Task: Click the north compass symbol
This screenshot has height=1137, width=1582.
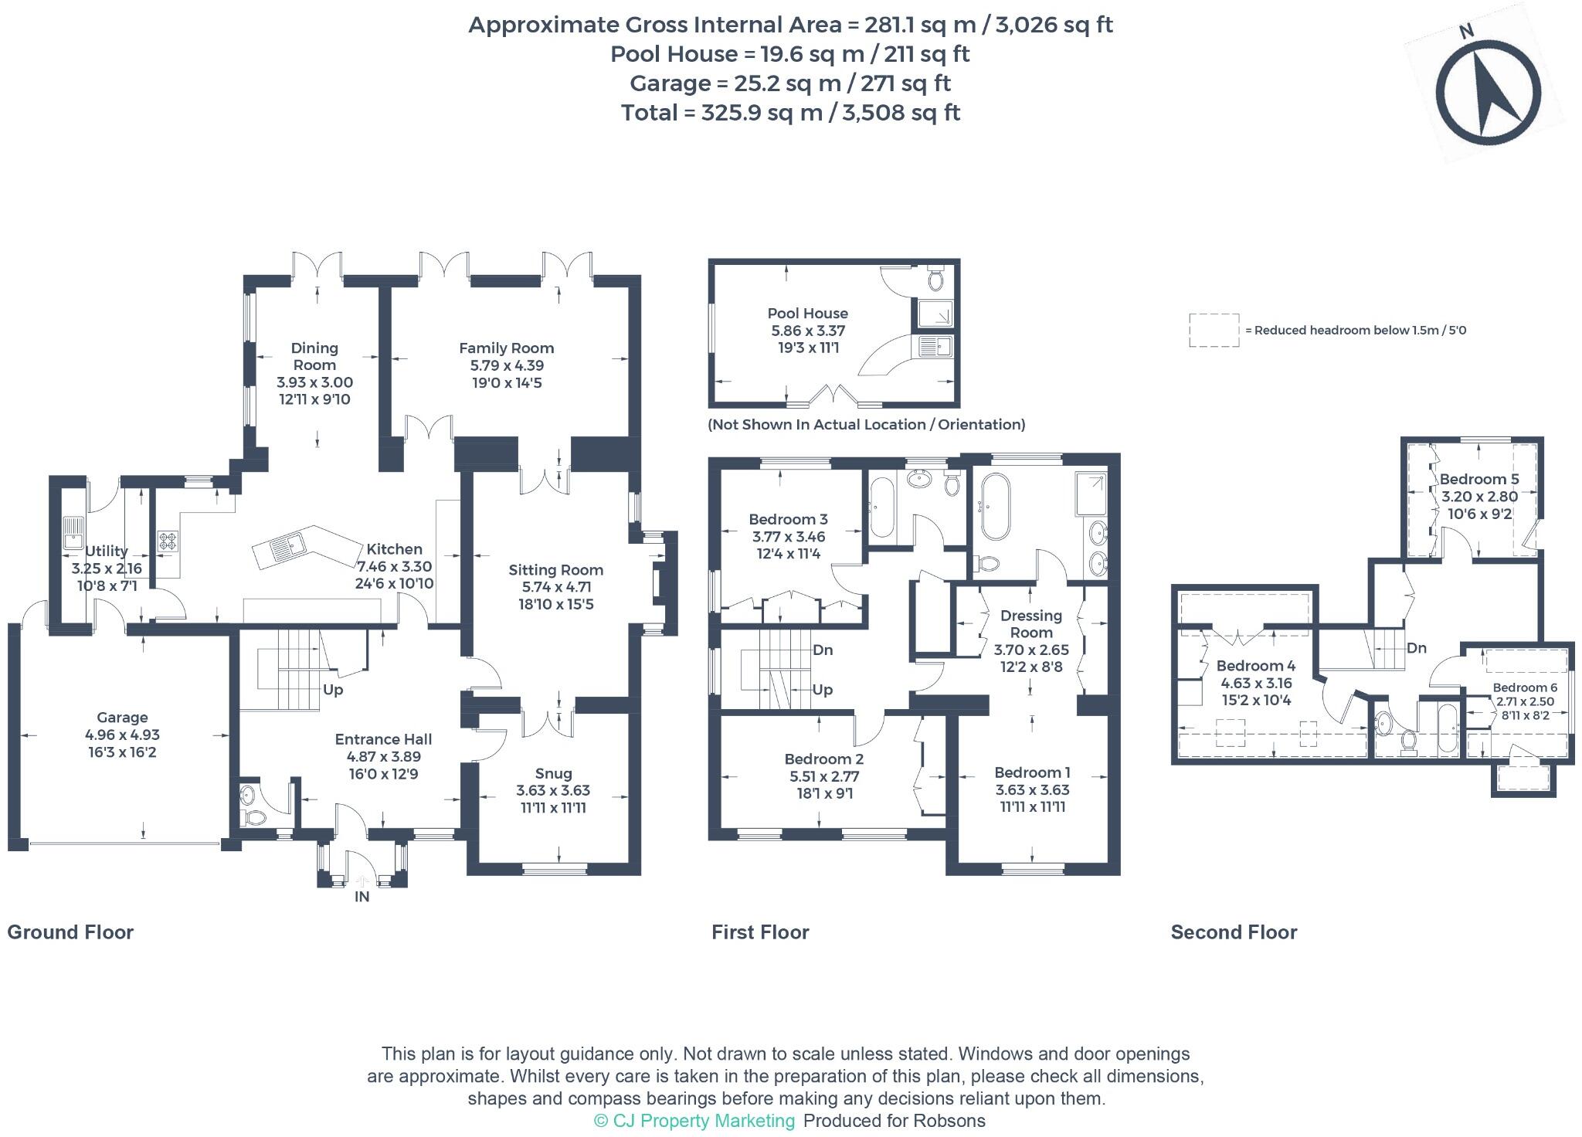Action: pos(1487,93)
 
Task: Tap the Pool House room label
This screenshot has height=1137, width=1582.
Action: pos(807,314)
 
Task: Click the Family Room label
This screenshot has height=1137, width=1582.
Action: pos(506,348)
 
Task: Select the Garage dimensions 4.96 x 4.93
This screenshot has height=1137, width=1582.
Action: pos(122,735)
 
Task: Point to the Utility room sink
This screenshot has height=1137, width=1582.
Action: pos(74,531)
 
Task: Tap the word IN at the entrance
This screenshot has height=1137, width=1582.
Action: pos(362,897)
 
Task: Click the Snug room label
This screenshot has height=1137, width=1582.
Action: pos(553,773)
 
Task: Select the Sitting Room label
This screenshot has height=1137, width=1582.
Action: pos(555,570)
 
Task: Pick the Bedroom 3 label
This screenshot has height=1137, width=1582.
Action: pos(788,519)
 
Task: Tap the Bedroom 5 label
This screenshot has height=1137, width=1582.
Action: pos(1478,479)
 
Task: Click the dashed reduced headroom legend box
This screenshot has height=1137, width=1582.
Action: pos(1214,331)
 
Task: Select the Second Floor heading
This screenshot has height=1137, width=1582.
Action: pos(1234,932)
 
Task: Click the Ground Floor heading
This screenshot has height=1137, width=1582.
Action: pos(70,932)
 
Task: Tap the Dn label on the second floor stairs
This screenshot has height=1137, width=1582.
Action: pos(1416,649)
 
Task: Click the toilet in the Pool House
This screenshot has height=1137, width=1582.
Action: pos(936,279)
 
